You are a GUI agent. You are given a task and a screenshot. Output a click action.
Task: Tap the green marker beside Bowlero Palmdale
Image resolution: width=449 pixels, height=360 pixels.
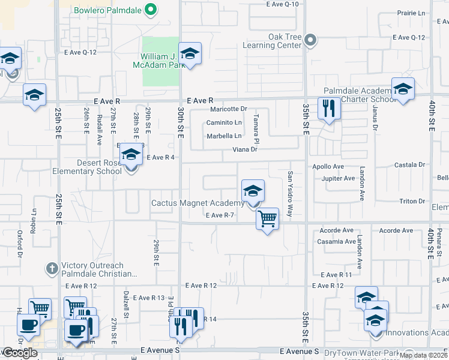pyautogui.click(x=152, y=10)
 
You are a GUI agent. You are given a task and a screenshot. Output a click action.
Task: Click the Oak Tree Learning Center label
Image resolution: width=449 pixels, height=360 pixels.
pyautogui.click(x=272, y=41)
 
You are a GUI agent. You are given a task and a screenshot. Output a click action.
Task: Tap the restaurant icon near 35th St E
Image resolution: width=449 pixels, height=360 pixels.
pyautogui.click(x=328, y=108)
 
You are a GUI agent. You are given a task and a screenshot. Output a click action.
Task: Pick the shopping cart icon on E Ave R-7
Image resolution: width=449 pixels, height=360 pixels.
pyautogui.click(x=267, y=218)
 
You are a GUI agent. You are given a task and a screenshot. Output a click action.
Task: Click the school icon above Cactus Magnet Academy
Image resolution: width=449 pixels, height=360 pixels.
pyautogui.click(x=253, y=191)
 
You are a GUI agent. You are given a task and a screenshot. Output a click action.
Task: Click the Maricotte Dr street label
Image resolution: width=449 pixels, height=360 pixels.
pyautogui.click(x=228, y=109)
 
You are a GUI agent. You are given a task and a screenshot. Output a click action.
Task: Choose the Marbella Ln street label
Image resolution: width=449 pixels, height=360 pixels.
pyautogui.click(x=224, y=136)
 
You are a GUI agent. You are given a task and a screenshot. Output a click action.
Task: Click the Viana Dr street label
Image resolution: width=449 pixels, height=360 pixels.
pyautogui.click(x=245, y=150)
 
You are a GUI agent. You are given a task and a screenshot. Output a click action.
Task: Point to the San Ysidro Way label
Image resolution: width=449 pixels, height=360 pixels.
pyautogui.click(x=290, y=193)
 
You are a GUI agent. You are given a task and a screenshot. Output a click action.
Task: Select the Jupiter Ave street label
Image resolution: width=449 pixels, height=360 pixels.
pyautogui.click(x=339, y=178)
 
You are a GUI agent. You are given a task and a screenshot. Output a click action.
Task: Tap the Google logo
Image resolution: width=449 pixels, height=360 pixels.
pyautogui.click(x=19, y=353)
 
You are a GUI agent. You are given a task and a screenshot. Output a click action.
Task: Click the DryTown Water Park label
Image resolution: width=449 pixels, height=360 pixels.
pyautogui.click(x=361, y=352)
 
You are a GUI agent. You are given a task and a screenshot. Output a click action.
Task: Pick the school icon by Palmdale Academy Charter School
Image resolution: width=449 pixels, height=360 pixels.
pyautogui.click(x=403, y=89)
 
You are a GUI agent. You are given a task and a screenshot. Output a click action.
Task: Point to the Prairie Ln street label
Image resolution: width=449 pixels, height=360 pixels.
pyautogui.click(x=412, y=13)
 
